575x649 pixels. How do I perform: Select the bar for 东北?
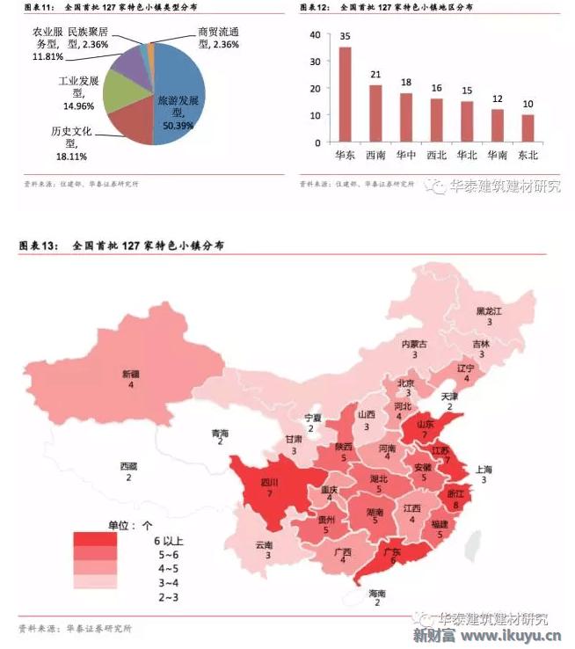tap(528, 128)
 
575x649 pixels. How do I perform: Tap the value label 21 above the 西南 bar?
tap(375, 75)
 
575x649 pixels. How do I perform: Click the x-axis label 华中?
tap(405, 155)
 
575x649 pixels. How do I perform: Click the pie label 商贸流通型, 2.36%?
tap(218, 37)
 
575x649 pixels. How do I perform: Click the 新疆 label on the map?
tap(131, 374)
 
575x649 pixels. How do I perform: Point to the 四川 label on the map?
tap(269, 483)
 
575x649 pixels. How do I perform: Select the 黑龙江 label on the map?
tap(488, 311)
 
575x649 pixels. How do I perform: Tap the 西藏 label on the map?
tap(128, 466)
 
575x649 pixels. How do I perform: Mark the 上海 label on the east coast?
tap(484, 469)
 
